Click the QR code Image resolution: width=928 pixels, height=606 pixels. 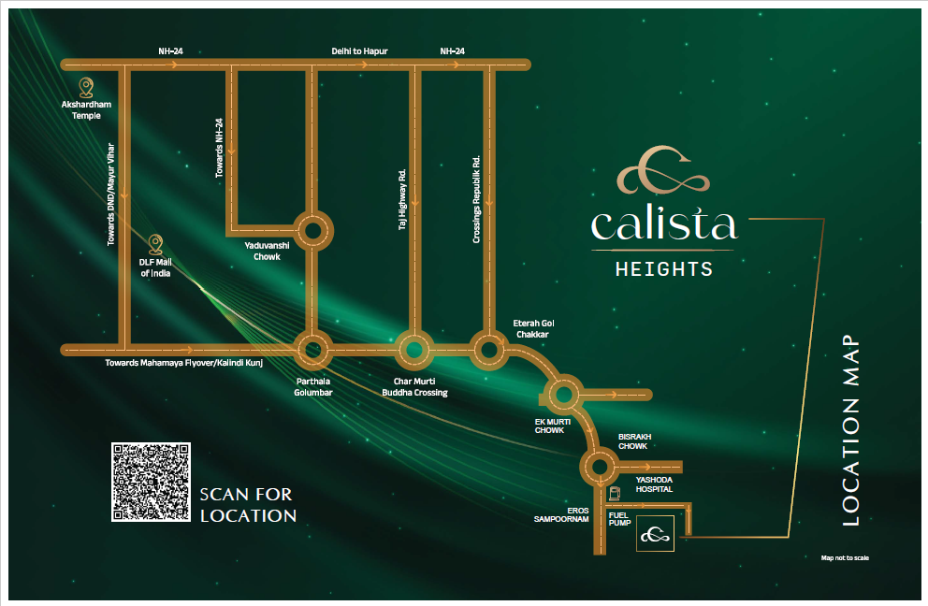coord(151,482)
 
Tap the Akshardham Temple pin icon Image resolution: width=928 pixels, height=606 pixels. coord(86,88)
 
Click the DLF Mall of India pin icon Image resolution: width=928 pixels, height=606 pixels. coord(155,244)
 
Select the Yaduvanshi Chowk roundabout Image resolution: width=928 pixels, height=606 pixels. coord(312,231)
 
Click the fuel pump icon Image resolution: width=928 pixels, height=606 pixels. coord(615,493)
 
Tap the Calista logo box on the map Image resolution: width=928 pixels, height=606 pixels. coord(655,534)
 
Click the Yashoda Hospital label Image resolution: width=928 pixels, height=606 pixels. coord(654,484)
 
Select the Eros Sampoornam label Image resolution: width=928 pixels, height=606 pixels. coord(561,515)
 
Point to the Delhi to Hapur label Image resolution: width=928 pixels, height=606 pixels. coord(359,51)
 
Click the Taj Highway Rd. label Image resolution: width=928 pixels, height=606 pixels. coord(402,199)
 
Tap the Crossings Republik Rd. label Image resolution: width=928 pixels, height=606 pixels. coord(476,199)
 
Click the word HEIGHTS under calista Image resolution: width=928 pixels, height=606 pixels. coord(664,270)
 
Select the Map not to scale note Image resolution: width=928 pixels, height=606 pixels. coord(845,558)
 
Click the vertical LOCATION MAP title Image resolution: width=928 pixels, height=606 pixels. coord(850,430)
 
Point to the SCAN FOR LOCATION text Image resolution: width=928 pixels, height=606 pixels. coord(248,505)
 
